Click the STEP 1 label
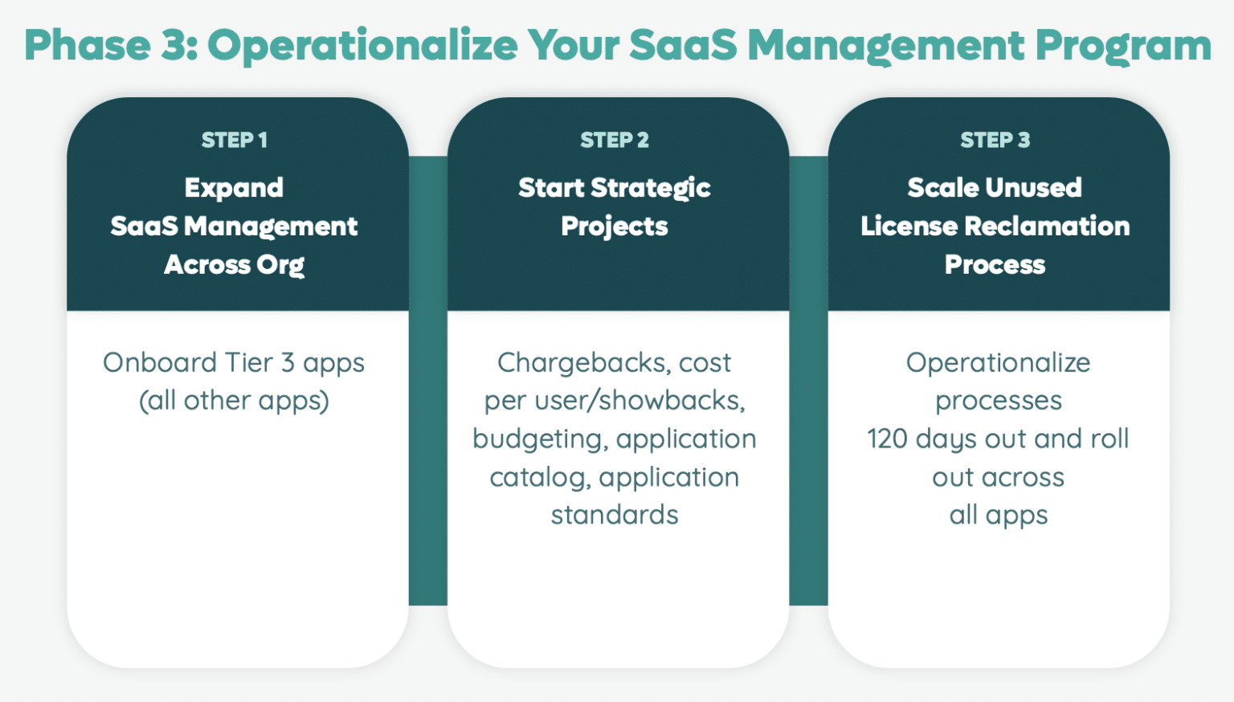(234, 140)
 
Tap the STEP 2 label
(615, 140)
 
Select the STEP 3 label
(995, 140)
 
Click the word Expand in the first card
(234, 188)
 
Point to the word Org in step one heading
(280, 265)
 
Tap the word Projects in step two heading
(615, 227)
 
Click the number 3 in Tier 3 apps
(288, 363)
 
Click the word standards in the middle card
(615, 515)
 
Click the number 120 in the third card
(887, 439)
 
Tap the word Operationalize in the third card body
(998, 363)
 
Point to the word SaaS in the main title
(682, 46)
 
